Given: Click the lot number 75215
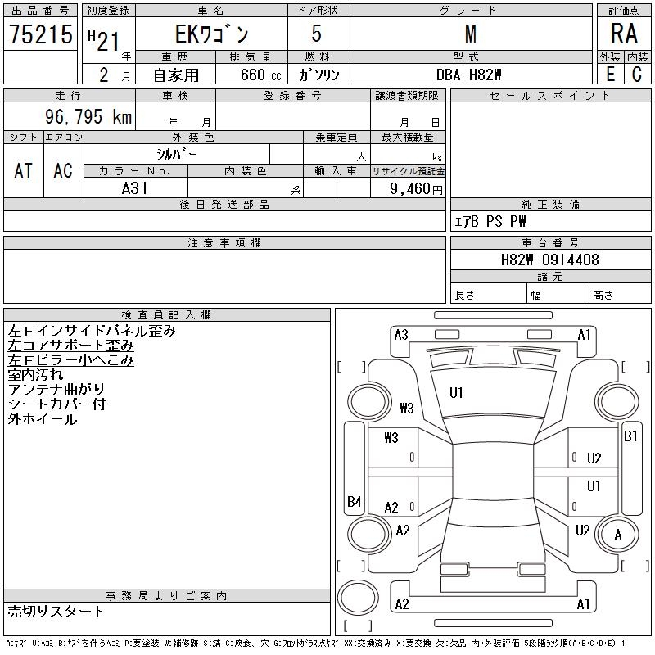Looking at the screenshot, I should click(x=41, y=34).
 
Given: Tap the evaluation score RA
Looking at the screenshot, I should click(x=623, y=34).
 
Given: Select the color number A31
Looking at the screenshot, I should click(x=136, y=188).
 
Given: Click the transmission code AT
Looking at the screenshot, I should click(x=24, y=170).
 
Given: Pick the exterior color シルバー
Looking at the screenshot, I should click(x=176, y=154).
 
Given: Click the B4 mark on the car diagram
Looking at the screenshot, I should click(x=354, y=502).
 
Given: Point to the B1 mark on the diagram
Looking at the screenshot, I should click(x=630, y=436).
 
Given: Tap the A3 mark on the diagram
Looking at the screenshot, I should click(x=401, y=334).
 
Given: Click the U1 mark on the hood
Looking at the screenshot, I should click(x=456, y=393).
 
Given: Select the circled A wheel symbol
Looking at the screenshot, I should click(x=619, y=535).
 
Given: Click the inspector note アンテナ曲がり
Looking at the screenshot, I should click(x=56, y=390).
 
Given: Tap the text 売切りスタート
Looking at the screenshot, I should click(x=56, y=611).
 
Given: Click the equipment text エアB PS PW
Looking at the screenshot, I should click(x=490, y=221).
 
